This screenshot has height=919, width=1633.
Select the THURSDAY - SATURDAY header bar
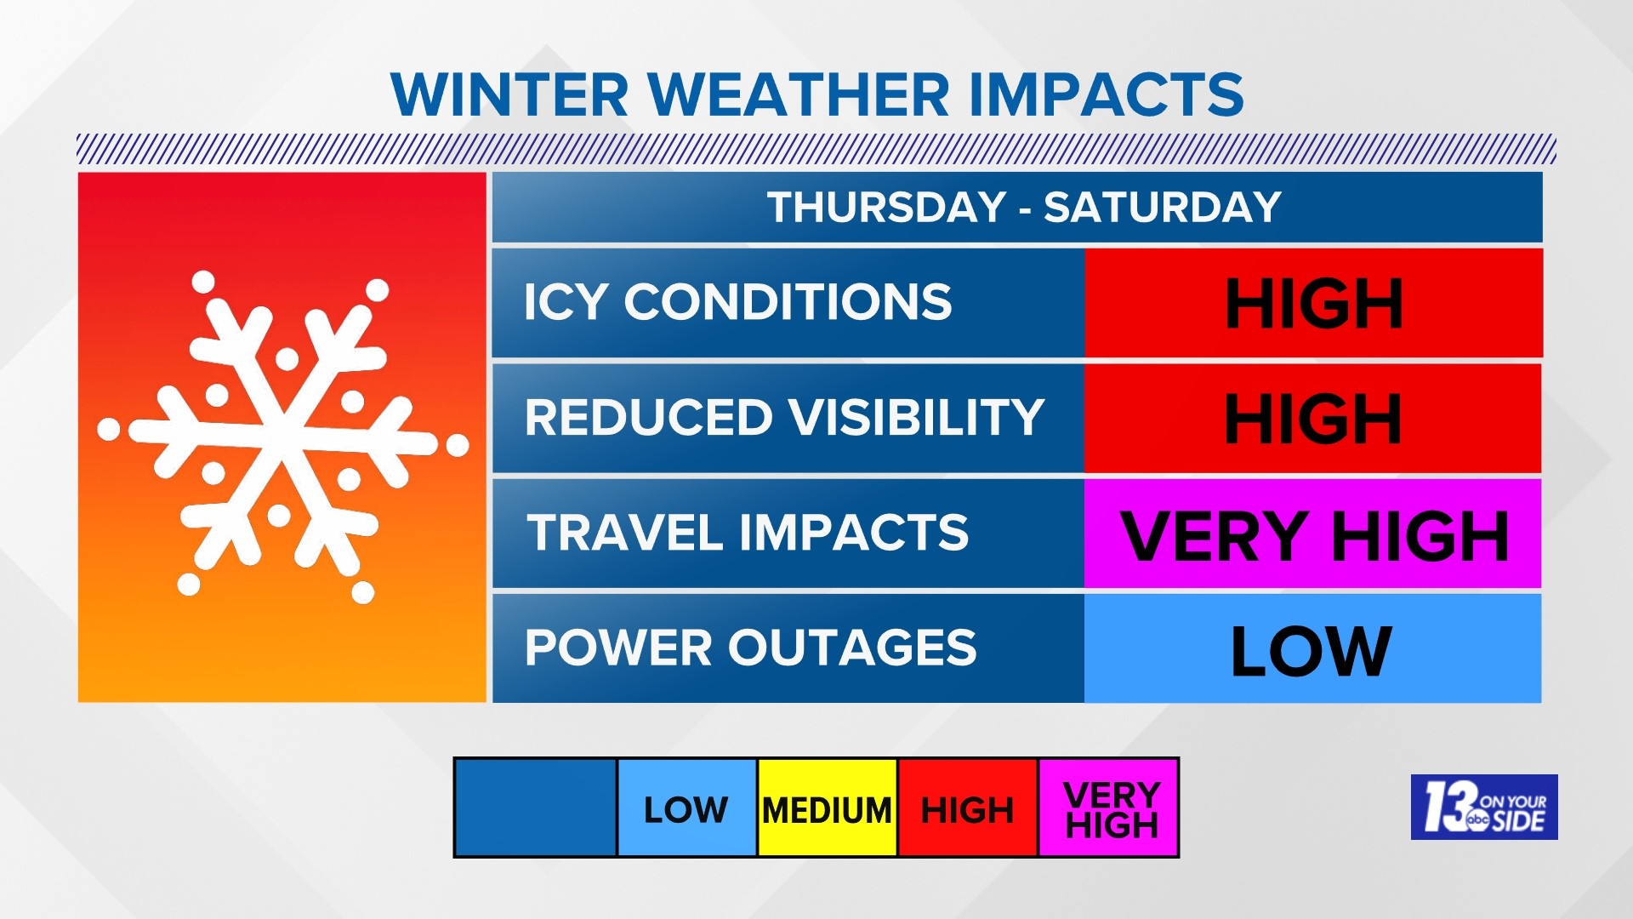pos(1016,207)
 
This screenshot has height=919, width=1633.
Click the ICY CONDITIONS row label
pos(737,302)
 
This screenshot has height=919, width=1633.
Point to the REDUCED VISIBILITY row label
pos(784,417)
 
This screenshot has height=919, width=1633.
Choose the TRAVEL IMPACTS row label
pos(748,533)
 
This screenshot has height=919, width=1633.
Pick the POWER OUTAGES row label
pos(751,648)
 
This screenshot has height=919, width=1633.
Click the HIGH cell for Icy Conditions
pos(1313,303)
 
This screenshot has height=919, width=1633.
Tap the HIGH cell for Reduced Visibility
pos(1312,418)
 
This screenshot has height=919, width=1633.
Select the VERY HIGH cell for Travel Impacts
pos(1312,534)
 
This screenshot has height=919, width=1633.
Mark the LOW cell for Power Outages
pos(1312,649)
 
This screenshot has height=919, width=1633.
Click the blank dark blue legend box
pos(536,808)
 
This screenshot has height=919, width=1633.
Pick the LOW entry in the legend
pos(686,808)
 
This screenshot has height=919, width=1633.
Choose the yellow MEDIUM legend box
pos(827,808)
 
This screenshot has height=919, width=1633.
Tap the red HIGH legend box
pos(968,808)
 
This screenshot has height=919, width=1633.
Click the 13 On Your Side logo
pos(1484,807)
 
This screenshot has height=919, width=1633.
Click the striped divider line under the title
pos(816,149)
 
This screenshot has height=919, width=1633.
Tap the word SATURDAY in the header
pos(1162,207)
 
